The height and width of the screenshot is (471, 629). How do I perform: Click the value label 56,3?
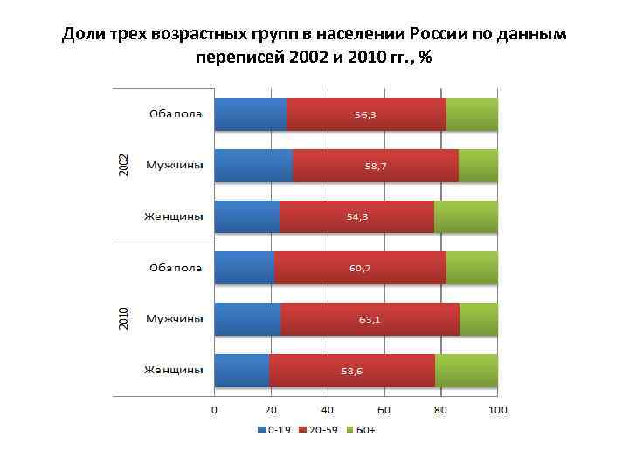point(366,114)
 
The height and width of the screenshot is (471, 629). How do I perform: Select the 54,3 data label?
point(357,217)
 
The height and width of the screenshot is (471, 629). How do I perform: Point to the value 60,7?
point(360,268)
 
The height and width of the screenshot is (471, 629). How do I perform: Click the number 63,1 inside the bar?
point(370,319)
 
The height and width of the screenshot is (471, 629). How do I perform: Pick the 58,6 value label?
point(352,371)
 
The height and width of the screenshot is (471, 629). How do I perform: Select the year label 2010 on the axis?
point(123,318)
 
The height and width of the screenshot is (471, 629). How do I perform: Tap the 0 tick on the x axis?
point(214,410)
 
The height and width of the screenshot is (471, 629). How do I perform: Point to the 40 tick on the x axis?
point(328,410)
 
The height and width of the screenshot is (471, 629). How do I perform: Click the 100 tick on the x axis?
point(498,410)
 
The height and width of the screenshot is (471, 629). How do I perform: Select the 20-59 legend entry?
point(321,429)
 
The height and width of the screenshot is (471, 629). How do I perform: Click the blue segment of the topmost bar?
point(250,114)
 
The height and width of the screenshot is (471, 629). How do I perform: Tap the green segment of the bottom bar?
point(467,371)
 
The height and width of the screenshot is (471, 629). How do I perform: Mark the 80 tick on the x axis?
point(441,410)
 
